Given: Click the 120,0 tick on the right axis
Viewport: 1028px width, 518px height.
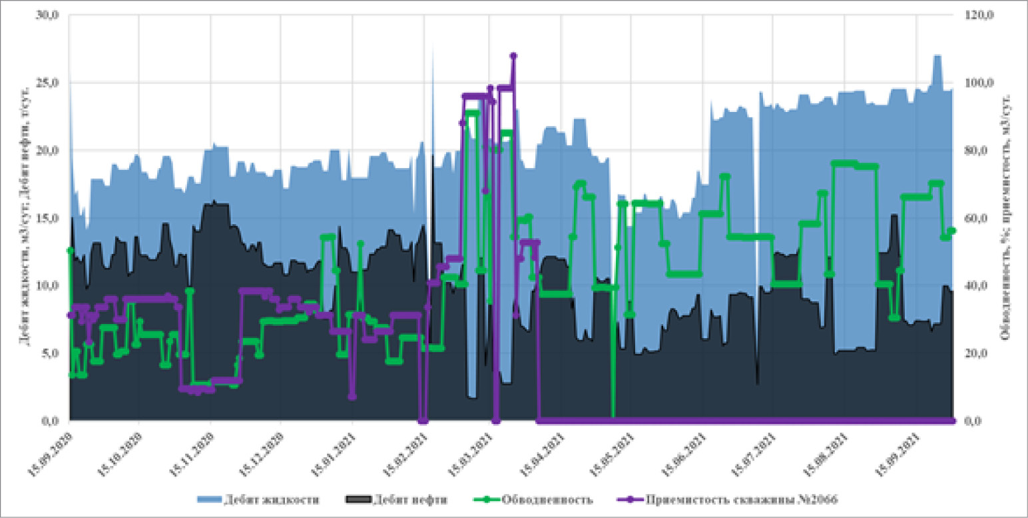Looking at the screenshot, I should click(x=977, y=15).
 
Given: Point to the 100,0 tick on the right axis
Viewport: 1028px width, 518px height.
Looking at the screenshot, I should click(x=977, y=83).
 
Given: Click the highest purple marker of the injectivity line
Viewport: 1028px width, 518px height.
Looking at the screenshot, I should click(x=513, y=56).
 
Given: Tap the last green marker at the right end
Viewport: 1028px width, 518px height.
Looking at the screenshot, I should click(x=952, y=231).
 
